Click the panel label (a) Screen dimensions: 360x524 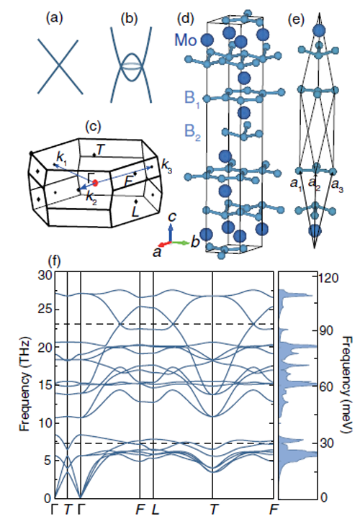click(54, 19)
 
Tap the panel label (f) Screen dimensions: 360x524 click(55, 261)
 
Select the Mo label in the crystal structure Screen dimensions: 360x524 click(186, 40)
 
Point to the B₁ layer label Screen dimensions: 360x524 click(192, 99)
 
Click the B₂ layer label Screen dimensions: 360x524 click(192, 132)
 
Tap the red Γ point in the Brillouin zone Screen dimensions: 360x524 click(95, 183)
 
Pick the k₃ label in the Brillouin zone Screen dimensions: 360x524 click(167, 166)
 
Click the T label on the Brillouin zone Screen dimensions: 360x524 click(101, 150)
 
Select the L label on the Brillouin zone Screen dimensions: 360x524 click(135, 211)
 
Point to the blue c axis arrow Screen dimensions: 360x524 click(171, 232)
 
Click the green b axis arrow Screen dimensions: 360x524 click(180, 243)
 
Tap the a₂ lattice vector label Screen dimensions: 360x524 click(314, 184)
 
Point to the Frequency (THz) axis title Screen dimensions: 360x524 click(25, 384)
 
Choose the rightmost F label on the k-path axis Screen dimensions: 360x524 click(274, 510)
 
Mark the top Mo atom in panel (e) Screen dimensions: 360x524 click(319, 30)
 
